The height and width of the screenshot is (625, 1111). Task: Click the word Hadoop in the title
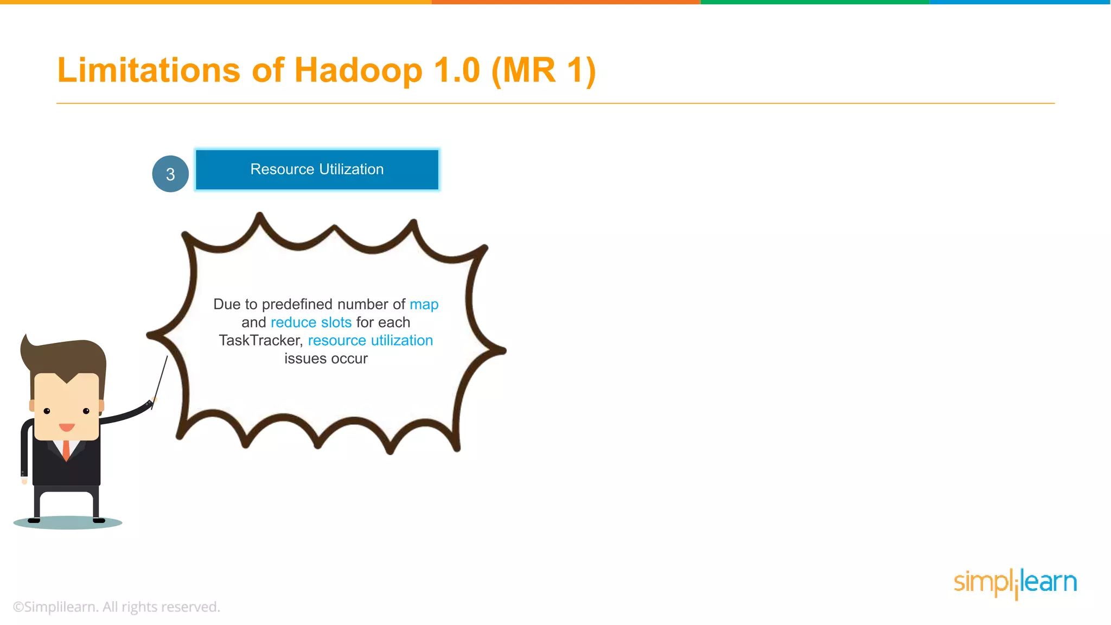(358, 71)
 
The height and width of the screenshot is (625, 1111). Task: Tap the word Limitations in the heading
(149, 71)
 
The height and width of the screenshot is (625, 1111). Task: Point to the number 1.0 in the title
(457, 71)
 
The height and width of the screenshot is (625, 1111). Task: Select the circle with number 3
(170, 174)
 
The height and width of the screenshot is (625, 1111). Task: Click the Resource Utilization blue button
(317, 169)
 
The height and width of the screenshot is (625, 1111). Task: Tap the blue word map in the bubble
(424, 304)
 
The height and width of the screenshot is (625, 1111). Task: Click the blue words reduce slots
(311, 322)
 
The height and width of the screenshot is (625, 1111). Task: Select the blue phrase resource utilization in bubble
(371, 340)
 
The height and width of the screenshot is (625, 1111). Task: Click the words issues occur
(326, 359)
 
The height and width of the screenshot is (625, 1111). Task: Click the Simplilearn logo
(1015, 583)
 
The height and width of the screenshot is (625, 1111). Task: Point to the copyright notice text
(117, 607)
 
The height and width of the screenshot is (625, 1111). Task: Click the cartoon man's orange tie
(66, 450)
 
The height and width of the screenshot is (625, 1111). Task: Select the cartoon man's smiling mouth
(67, 428)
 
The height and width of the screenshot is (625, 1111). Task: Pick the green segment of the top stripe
(814, 2)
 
